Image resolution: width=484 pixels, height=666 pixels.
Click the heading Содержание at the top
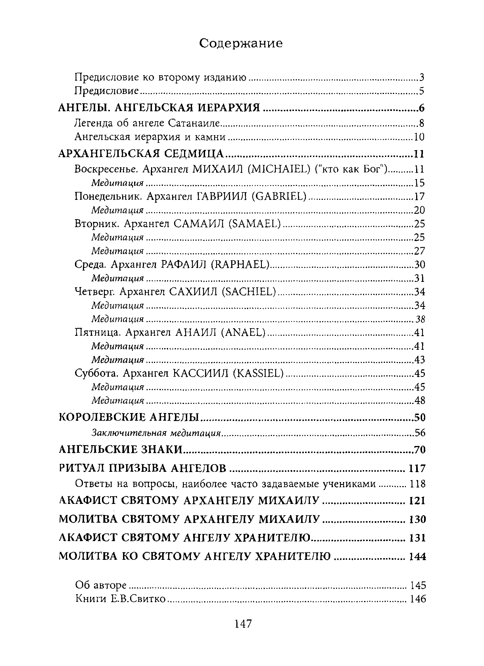(241, 43)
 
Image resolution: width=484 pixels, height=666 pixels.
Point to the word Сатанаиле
(194, 123)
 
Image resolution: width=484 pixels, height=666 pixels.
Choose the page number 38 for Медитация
(420, 319)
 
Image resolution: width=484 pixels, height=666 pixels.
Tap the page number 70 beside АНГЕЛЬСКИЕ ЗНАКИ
(420, 450)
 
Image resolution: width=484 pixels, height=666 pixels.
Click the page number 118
(418, 484)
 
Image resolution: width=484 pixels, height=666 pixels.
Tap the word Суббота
(97, 374)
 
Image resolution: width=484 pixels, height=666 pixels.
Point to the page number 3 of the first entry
(422, 78)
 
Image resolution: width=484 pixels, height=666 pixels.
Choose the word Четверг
(95, 292)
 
